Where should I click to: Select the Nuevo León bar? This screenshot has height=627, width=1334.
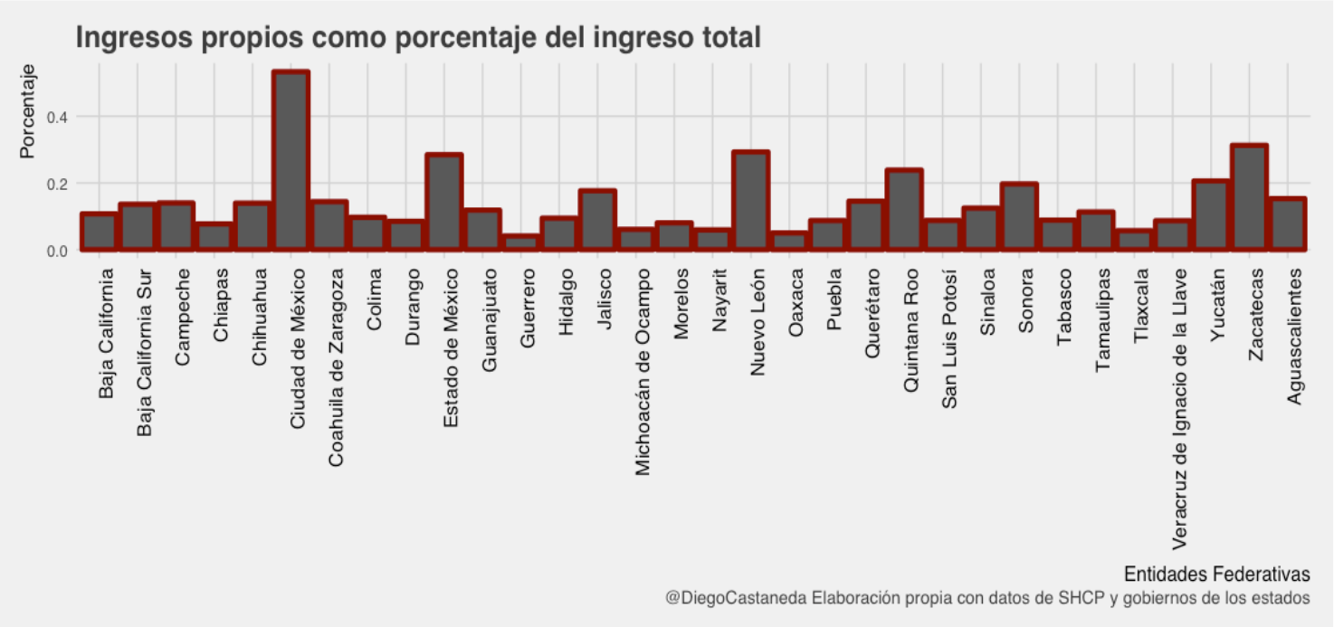point(750,201)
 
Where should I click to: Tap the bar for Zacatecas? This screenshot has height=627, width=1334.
point(1249,197)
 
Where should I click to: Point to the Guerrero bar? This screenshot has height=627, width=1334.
point(520,242)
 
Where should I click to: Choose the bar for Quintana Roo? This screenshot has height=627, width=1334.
point(903,210)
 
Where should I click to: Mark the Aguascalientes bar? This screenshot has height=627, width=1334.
point(1287,224)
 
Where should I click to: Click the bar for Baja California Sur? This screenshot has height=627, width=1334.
point(138,226)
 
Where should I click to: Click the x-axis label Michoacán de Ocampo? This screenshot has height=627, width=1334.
point(643,371)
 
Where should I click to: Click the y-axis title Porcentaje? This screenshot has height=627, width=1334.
point(28,111)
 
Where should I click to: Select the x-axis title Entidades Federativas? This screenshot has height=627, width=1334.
point(1216,575)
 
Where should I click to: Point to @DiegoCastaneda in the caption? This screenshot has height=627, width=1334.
point(736,598)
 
